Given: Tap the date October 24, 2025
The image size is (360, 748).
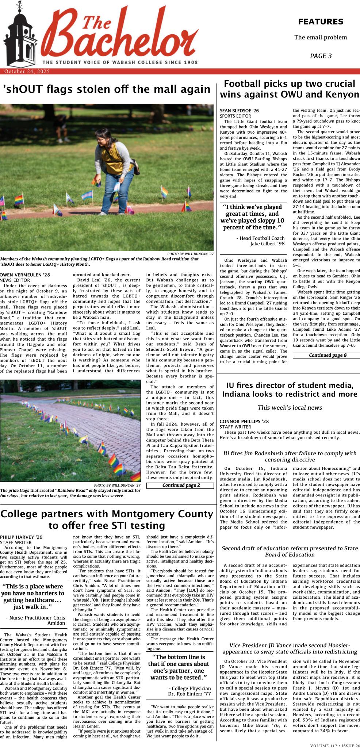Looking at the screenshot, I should (x=27, y=72).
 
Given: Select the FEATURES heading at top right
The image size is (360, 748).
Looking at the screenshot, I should (x=321, y=22).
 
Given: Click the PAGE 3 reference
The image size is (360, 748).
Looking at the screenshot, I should (x=321, y=56).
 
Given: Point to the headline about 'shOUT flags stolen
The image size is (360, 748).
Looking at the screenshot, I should (x=107, y=89).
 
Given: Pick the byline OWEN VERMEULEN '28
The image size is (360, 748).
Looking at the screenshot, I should (x=25, y=275).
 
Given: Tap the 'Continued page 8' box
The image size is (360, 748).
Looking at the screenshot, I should (x=326, y=355).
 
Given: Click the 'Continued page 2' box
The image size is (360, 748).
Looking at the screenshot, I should (x=180, y=485).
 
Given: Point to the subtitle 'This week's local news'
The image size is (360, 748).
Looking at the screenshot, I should (x=290, y=407).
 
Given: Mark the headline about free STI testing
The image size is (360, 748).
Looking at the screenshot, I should (x=107, y=519).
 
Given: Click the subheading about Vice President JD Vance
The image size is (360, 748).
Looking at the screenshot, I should (x=290, y=649).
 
